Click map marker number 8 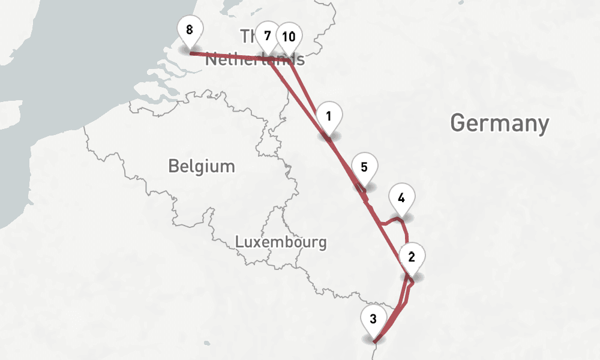click(x=190, y=30)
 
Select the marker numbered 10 click(x=289, y=37)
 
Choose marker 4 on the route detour click(x=401, y=197)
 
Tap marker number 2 click(x=412, y=257)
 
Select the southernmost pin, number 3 click(x=373, y=319)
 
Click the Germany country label click(x=499, y=123)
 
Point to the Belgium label click(x=202, y=166)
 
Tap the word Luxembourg click(x=281, y=242)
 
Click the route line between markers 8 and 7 click(x=228, y=56)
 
